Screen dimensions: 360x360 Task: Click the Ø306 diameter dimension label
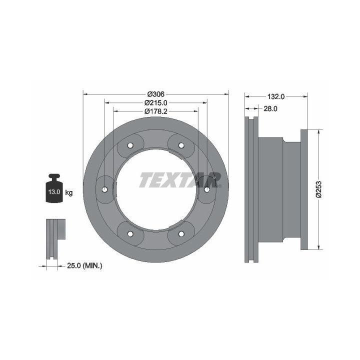click(156, 94)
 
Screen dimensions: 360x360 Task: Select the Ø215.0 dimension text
click(156, 102)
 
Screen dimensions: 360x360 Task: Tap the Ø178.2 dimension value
click(156, 111)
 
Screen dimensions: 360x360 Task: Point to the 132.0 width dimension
click(275, 96)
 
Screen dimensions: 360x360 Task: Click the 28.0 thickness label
click(270, 108)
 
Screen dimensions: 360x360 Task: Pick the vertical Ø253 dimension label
click(319, 189)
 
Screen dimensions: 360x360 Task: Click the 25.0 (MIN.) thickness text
click(84, 266)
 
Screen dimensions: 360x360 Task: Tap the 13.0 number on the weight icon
click(54, 191)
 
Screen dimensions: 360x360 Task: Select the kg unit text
click(69, 192)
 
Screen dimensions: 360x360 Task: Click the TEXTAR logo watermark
click(180, 180)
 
